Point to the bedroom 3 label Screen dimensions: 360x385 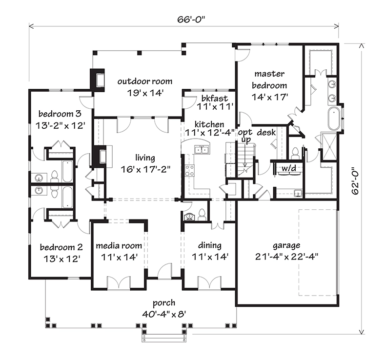coord(60,120)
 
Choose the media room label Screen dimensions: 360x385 coord(119,250)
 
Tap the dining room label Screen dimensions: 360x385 coord(210,250)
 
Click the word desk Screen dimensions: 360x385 coord(266,132)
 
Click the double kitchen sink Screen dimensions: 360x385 coord(202,149)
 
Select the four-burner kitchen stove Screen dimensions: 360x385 coord(189,171)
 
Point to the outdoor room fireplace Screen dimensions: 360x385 coord(99,79)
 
